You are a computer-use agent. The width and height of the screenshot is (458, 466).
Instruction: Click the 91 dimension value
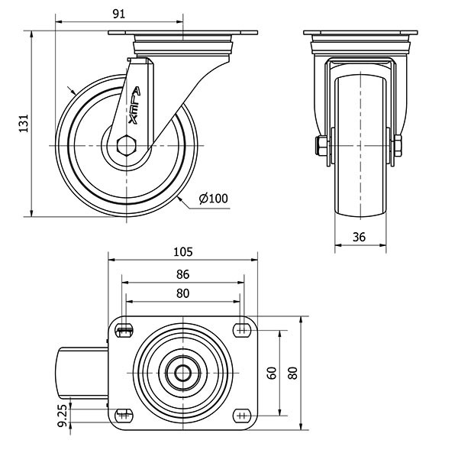(119, 14)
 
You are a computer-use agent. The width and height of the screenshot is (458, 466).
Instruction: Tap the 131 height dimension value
(24, 123)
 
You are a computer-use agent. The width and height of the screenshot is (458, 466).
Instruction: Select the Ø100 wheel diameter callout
(214, 199)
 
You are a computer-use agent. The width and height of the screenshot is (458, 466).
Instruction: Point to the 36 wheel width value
(359, 237)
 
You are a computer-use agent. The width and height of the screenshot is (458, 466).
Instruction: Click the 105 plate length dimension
(183, 252)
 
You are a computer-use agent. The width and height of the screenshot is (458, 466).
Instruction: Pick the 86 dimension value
(182, 274)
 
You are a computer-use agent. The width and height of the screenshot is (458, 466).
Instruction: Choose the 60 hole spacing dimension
(272, 373)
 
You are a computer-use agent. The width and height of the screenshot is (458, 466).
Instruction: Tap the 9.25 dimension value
(63, 415)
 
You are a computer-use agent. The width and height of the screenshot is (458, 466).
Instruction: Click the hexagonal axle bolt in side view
(127, 145)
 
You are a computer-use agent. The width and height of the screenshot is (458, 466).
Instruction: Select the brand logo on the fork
(134, 105)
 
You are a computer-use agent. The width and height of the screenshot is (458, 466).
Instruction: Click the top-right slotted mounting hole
(242, 330)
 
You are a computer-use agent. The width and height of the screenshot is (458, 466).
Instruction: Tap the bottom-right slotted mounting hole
(242, 416)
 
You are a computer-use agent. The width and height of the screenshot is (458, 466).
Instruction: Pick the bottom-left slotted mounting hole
(124, 416)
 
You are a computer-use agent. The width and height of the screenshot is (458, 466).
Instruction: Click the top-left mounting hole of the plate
(124, 331)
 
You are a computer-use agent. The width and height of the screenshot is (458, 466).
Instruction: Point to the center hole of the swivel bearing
(182, 373)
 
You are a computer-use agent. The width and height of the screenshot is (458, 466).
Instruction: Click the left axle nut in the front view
(321, 146)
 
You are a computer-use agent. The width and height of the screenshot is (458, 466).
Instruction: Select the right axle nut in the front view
(398, 146)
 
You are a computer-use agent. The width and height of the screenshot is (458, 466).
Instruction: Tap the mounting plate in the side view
(182, 33)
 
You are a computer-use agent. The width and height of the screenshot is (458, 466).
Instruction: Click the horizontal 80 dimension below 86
(182, 293)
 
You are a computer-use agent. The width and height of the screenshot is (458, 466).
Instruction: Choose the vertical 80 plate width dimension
(293, 373)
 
